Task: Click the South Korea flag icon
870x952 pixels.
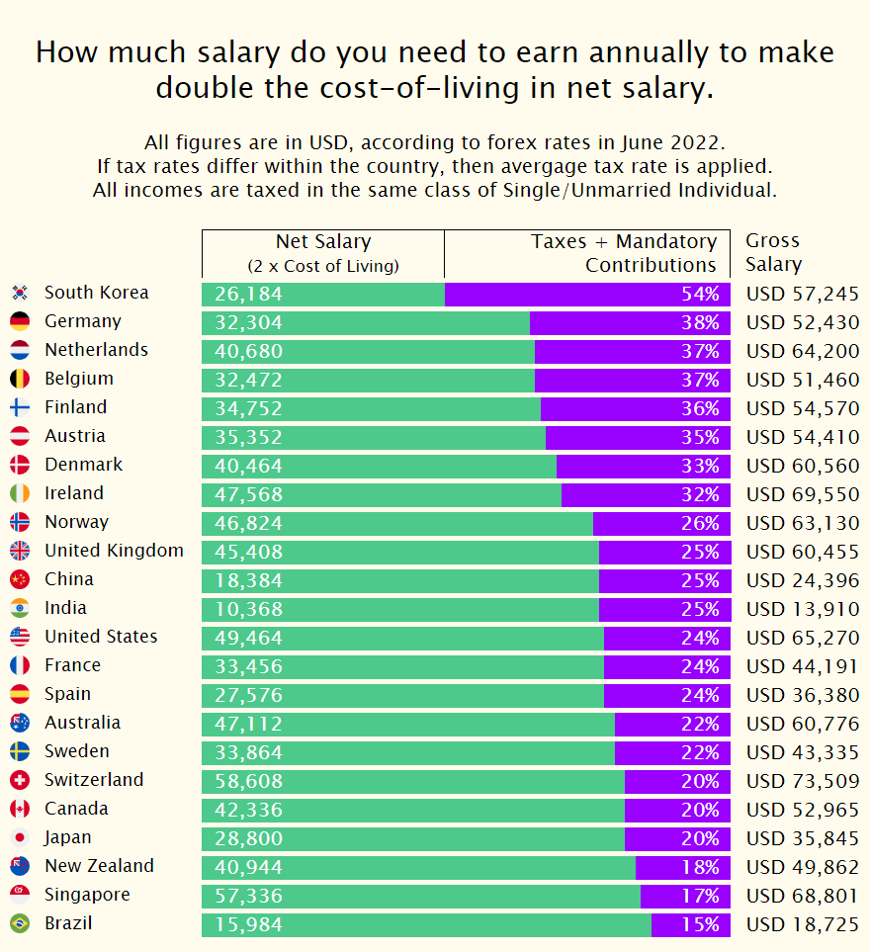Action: pos(20,293)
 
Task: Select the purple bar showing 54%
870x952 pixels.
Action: pos(587,294)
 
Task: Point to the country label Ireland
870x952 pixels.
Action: pos(74,493)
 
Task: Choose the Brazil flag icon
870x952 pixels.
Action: pos(20,924)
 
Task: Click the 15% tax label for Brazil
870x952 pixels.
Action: pos(700,925)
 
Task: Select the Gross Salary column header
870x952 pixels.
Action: pos(773,253)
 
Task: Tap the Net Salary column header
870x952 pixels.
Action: pos(322,253)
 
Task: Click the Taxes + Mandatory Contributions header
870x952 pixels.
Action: pos(624,253)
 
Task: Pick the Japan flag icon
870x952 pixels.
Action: pos(20,838)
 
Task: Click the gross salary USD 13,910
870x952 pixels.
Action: pos(802,610)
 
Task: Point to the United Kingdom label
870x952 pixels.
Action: pos(114,551)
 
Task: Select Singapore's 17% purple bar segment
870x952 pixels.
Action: pos(685,897)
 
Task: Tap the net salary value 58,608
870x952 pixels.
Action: pos(248,781)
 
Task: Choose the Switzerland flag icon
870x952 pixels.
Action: pos(20,781)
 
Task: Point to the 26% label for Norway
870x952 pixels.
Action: pos(700,523)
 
